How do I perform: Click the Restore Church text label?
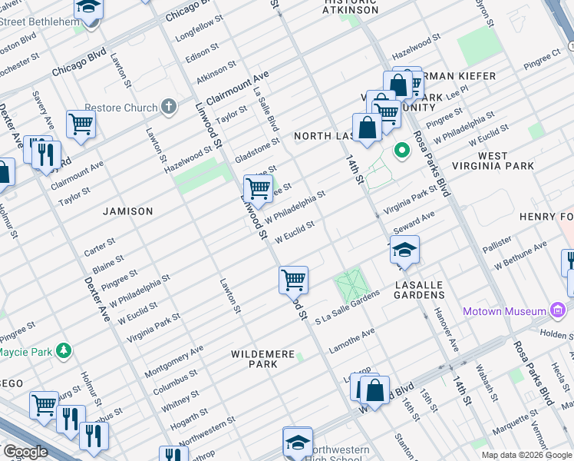tap(120, 108)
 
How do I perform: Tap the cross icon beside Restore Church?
tap(169, 108)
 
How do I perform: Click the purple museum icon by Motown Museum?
tap(557, 311)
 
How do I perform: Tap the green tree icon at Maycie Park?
tap(64, 352)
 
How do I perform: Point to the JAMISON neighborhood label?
tap(129, 211)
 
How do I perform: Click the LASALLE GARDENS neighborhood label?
tap(419, 290)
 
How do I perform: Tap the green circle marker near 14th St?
tap(400, 150)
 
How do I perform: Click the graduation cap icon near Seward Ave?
tap(404, 250)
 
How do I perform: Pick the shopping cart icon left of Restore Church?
tap(81, 124)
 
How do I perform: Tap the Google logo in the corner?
tap(25, 452)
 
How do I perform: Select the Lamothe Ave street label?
tap(351, 340)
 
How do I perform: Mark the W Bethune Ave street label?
tap(521, 255)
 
